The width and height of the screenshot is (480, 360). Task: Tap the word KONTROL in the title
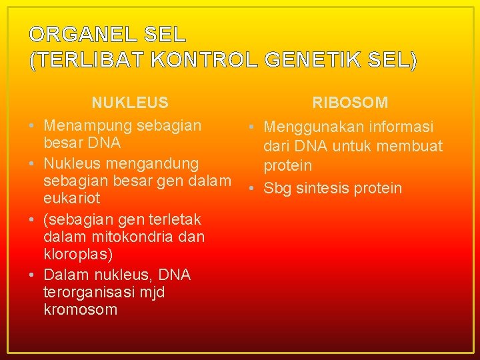[204, 60]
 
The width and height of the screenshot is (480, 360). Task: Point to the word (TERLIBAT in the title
[87, 60]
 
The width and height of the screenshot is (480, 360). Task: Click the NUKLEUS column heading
[130, 103]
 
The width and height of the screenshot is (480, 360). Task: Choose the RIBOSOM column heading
[351, 103]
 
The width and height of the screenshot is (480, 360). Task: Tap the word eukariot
[72, 198]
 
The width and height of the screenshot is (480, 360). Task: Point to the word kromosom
[80, 310]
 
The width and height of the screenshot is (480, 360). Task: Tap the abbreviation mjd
[153, 293]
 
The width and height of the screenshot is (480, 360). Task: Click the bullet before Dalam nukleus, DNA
[32, 275]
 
